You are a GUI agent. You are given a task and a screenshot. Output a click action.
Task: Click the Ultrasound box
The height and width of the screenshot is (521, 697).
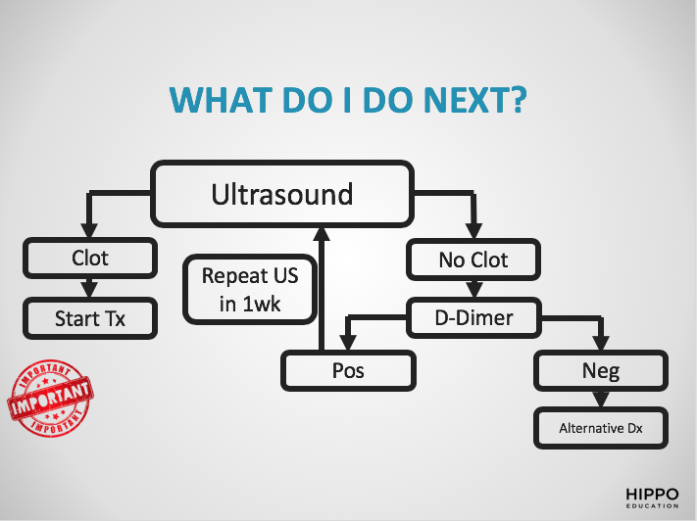pyautogui.click(x=281, y=194)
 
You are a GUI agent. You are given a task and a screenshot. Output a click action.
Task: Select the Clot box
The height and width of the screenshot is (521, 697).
pyautogui.click(x=90, y=259)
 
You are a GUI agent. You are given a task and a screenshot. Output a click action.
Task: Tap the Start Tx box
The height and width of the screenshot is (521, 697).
pyautogui.click(x=90, y=318)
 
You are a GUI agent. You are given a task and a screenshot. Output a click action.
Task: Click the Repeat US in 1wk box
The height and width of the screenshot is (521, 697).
pyautogui.click(x=249, y=289)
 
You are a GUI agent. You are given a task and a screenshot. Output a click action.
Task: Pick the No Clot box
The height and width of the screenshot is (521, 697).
pyautogui.click(x=473, y=260)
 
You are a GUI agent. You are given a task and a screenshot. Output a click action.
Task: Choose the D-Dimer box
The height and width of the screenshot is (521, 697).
pyautogui.click(x=473, y=316)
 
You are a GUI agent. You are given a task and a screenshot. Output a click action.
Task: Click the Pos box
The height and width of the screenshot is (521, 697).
pyautogui.click(x=348, y=371)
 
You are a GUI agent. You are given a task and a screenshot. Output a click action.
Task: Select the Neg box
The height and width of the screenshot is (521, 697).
pyautogui.click(x=600, y=371)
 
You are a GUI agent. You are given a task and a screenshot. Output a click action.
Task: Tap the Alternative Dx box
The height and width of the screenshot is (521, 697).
pyautogui.click(x=600, y=428)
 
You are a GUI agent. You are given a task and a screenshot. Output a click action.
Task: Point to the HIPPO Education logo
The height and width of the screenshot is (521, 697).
pyautogui.click(x=652, y=496)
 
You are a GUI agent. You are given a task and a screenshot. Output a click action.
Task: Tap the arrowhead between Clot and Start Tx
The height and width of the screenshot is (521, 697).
pyautogui.click(x=90, y=292)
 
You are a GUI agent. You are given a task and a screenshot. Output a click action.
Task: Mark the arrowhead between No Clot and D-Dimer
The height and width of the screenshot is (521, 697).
pyautogui.click(x=473, y=292)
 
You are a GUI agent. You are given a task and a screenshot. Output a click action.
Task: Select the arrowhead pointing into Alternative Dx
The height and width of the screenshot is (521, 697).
pyautogui.click(x=600, y=402)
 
